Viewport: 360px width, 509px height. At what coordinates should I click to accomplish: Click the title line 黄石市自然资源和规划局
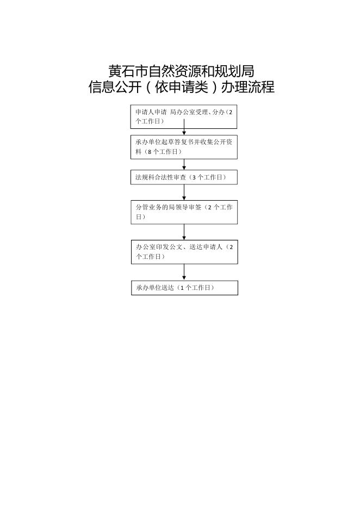coord(181,71)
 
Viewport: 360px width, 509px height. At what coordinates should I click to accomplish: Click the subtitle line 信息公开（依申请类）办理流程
coord(182,87)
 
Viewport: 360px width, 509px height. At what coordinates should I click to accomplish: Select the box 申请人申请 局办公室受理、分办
coord(184,116)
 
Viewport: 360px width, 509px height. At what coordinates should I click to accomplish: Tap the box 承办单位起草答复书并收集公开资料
coord(184,147)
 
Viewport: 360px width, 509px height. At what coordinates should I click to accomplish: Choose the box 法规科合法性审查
coord(184,177)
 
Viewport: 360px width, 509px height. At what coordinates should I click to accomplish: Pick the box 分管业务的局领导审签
coord(184,212)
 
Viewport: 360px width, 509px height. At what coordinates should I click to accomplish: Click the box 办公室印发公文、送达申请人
coord(184,252)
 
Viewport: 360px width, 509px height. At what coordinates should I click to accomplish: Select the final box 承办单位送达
coord(184,288)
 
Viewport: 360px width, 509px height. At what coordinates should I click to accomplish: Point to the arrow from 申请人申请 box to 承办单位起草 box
coord(184,127)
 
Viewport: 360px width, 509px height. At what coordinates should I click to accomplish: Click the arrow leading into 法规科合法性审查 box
coord(184,164)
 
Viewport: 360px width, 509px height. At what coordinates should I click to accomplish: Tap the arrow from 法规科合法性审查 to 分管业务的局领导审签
coord(184,193)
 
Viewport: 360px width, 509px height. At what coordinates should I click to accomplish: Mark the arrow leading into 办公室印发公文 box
coord(184,232)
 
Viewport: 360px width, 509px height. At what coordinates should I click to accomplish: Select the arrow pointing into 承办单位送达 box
coord(184,272)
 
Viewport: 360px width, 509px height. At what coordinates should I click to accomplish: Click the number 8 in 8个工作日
coord(150,152)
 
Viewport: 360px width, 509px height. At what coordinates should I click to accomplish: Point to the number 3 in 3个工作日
coord(194,177)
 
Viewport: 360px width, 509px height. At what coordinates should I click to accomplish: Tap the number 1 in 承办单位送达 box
coord(182,288)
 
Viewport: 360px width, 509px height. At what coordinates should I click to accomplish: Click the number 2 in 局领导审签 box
coord(210,207)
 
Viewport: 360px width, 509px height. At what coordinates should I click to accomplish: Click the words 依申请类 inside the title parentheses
coord(181,87)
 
